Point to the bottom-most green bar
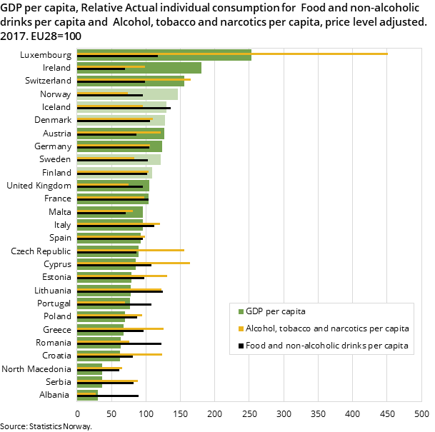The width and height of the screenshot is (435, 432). (86, 398)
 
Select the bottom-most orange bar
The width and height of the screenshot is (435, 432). (86, 393)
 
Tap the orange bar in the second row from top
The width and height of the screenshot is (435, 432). (111, 66)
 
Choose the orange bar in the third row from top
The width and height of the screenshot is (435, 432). (133, 79)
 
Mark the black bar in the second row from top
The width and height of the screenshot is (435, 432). (100, 69)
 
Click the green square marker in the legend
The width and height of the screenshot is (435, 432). (241, 311)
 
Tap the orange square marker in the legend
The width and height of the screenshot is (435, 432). (241, 328)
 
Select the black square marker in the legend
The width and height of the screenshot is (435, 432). (241, 346)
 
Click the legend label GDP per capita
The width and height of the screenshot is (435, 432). (276, 311)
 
